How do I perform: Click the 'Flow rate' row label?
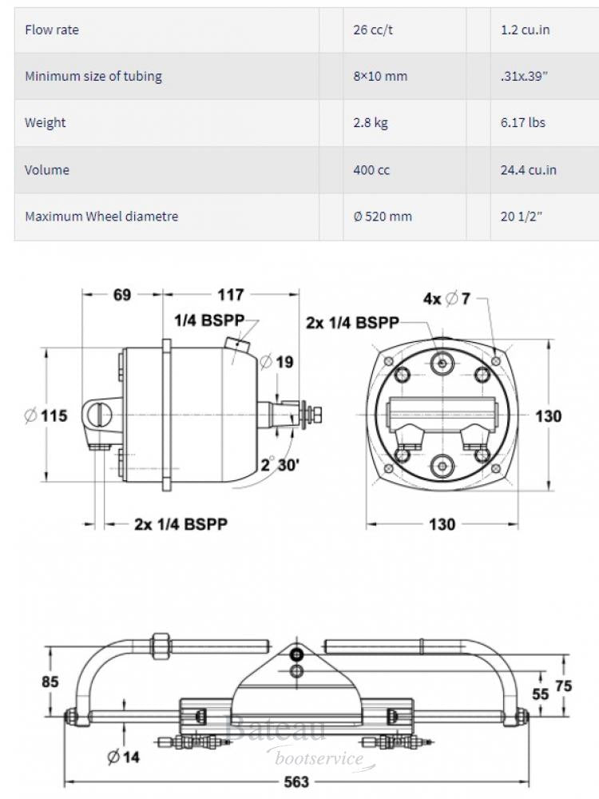coord(52,30)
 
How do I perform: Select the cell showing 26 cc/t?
coord(372,30)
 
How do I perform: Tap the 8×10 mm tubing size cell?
coord(380,77)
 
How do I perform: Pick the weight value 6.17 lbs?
coord(523,123)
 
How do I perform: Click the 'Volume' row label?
coord(47,169)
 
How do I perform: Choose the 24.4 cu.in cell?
coord(528,169)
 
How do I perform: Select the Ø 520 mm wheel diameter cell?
coord(383,217)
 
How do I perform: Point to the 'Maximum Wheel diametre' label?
coord(101,217)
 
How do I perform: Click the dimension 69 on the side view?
coord(121,296)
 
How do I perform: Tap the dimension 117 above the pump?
coord(231,296)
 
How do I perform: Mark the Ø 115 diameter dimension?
coord(46,415)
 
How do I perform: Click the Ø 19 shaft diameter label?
coord(277,362)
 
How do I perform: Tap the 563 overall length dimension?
coord(296,781)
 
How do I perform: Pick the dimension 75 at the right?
coord(564,686)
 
